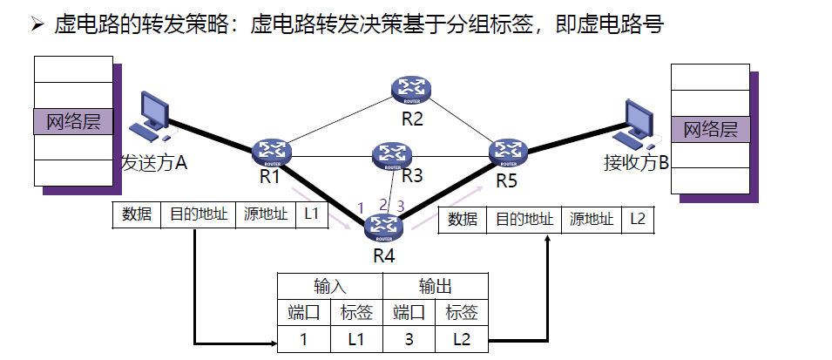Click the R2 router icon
(x=411, y=88)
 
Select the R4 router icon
(x=384, y=227)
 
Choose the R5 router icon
(x=508, y=151)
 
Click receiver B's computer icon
(x=635, y=121)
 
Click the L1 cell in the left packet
(x=313, y=214)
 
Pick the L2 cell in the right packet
(x=638, y=219)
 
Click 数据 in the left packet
(x=137, y=214)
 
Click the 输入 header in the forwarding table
(x=330, y=286)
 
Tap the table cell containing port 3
(x=409, y=337)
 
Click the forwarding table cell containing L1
(x=356, y=337)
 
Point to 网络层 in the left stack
(x=74, y=121)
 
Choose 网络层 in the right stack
(x=711, y=130)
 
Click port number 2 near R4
(x=382, y=204)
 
